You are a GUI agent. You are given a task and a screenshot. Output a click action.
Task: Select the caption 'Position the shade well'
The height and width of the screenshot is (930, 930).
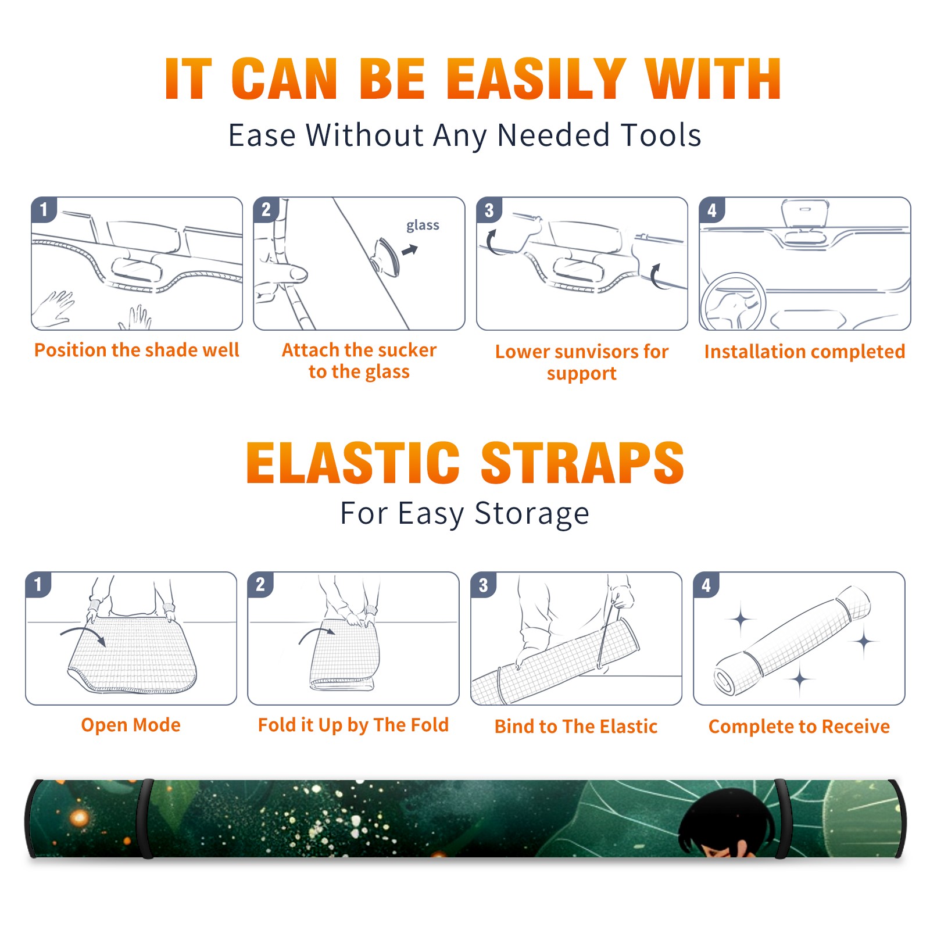tap(137, 350)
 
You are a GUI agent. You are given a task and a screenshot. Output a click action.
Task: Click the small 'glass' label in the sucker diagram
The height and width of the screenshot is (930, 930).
tap(423, 226)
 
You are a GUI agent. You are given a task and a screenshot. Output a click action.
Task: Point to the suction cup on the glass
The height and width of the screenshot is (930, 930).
tap(387, 257)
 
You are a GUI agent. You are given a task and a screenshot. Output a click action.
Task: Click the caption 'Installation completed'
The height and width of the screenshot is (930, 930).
tap(804, 352)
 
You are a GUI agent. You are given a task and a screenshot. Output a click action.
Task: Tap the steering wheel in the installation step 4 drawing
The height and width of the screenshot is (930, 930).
tap(734, 302)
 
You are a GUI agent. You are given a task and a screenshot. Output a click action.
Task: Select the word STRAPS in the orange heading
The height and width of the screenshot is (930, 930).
tap(582, 463)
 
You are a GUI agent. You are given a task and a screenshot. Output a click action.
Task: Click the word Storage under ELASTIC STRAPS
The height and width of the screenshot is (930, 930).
tap(532, 514)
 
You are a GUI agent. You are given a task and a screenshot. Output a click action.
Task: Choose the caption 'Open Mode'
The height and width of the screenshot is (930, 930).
tap(131, 725)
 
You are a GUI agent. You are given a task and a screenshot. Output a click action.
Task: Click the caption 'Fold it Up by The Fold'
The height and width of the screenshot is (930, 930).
tap(353, 725)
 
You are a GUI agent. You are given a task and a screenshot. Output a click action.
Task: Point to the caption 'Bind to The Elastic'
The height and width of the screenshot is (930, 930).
tap(576, 727)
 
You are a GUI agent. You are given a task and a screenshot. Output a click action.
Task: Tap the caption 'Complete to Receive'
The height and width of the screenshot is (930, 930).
tap(799, 727)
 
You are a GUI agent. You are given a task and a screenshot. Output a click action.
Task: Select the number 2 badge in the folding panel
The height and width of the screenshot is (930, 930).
tap(260, 585)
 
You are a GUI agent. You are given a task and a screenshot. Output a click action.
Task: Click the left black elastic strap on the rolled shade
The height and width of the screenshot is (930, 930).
tap(145, 819)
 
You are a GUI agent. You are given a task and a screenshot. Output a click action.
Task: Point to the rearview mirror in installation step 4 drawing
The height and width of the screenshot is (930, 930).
tap(805, 213)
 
